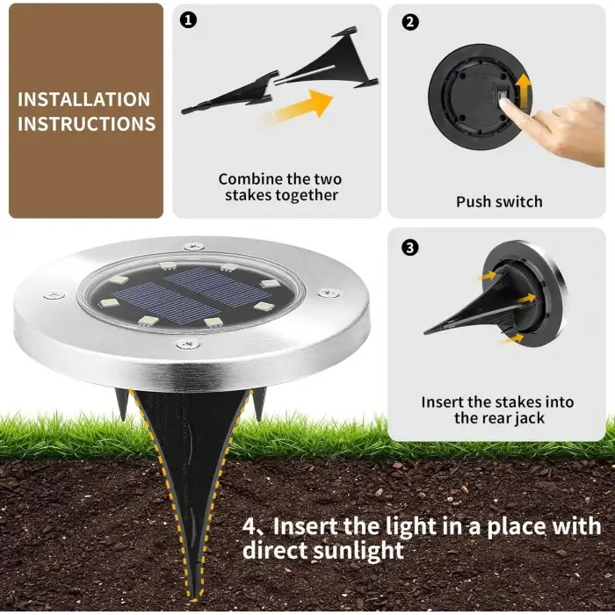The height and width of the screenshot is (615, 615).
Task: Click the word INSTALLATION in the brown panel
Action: [x=84, y=99]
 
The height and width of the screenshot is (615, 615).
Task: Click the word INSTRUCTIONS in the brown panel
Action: [x=86, y=124]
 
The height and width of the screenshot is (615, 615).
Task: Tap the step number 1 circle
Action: [x=188, y=20]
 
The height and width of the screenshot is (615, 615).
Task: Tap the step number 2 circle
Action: [x=410, y=22]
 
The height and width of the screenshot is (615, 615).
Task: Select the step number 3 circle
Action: [x=410, y=248]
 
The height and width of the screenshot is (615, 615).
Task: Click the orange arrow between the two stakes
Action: [x=298, y=107]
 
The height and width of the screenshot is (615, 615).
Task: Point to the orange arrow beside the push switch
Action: [x=524, y=91]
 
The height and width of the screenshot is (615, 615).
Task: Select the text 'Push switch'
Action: [x=499, y=201]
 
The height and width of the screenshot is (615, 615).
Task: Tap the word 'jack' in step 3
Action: [x=530, y=418]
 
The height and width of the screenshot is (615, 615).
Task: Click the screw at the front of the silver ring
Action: [x=188, y=344]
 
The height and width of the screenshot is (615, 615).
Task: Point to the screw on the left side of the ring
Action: [x=54, y=294]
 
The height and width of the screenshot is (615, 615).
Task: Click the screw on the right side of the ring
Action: [x=329, y=293]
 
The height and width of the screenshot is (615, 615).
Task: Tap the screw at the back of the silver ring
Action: [x=194, y=246]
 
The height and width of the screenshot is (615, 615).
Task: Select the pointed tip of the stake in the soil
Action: [x=194, y=599]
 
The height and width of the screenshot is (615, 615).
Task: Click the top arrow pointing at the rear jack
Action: [x=487, y=276]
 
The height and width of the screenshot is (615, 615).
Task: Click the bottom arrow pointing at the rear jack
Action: [x=512, y=338]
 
